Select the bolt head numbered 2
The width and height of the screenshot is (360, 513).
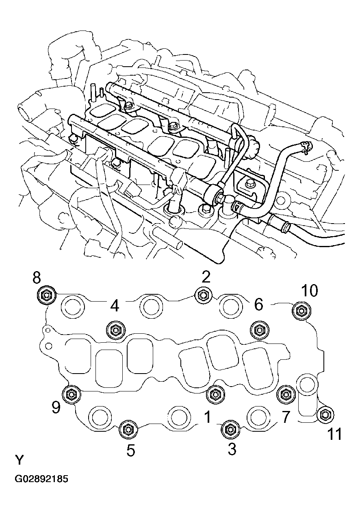202,295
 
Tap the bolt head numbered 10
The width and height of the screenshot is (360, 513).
301,311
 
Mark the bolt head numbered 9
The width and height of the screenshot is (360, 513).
71,394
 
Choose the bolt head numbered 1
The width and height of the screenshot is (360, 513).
215,393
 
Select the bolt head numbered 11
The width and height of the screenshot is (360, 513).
325,415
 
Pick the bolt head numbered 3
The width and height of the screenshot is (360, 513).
230,429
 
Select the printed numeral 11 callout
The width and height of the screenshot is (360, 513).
334,435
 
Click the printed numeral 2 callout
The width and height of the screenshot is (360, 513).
206,277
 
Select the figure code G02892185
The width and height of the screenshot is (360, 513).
41,479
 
